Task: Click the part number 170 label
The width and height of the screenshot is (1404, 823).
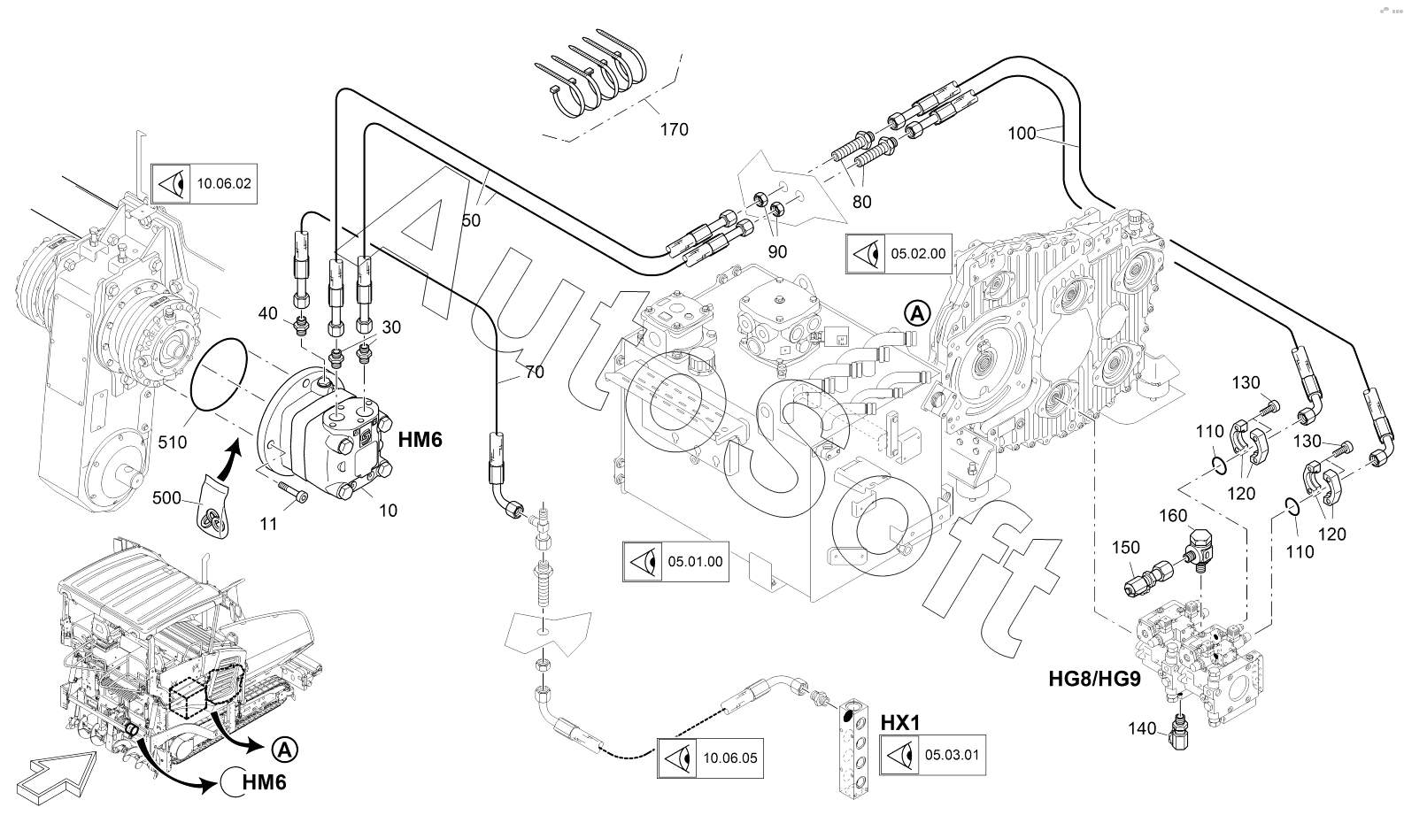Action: tap(674, 130)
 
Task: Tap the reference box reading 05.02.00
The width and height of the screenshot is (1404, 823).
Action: tap(899, 253)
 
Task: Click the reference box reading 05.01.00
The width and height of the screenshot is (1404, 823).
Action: tap(675, 561)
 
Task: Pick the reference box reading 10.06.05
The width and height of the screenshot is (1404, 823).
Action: tap(710, 758)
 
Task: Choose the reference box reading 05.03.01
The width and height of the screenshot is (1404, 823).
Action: tap(933, 755)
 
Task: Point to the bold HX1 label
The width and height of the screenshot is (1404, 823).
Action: tap(900, 723)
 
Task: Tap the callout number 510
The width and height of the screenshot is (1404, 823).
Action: tap(172, 440)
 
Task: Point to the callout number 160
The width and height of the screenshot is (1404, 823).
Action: tap(1174, 515)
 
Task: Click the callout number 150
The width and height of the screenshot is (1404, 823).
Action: tap(1126, 548)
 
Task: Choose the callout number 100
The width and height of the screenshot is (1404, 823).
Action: tap(1022, 134)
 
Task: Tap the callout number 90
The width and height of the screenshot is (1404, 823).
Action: tap(777, 252)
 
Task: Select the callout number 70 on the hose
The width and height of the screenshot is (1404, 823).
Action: tap(534, 373)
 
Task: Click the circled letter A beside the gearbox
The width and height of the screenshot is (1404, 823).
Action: tap(918, 312)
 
